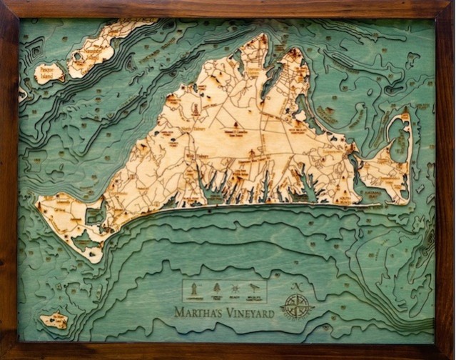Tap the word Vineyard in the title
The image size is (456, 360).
click(246, 312)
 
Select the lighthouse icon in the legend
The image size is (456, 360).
click(192, 289)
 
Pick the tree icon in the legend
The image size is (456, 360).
click(217, 289)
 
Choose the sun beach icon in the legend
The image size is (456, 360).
click(235, 289)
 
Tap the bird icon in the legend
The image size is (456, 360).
click(255, 289)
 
